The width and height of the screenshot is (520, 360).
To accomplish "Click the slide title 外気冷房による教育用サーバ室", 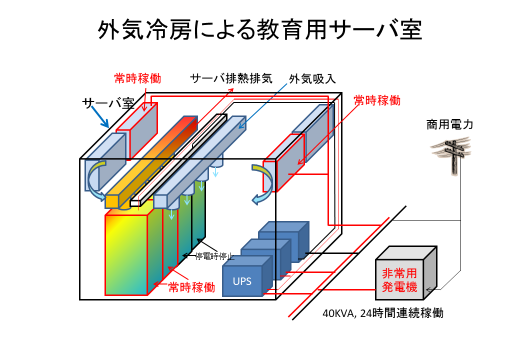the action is [x=259, y=30].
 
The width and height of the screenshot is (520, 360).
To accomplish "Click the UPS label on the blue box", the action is [x=242, y=281].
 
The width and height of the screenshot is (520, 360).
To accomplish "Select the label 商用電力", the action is [x=449, y=124].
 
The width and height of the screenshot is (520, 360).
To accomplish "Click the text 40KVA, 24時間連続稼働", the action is [x=383, y=313].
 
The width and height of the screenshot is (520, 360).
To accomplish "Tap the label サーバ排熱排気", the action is [x=231, y=78].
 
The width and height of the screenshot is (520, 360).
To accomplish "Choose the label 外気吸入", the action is [x=312, y=79].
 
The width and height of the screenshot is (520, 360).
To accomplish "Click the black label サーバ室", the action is [x=108, y=103].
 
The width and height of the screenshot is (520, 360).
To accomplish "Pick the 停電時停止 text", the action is [x=214, y=256].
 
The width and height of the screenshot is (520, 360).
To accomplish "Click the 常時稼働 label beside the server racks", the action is [x=191, y=287].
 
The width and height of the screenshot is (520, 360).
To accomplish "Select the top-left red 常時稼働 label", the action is [x=137, y=78].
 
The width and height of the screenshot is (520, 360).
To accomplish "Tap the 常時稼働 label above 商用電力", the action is [x=377, y=100].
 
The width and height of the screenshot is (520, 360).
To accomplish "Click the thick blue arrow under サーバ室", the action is [x=100, y=117].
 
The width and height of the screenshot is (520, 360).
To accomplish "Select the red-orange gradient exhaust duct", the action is [x=151, y=162].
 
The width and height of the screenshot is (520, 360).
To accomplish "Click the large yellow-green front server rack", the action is [x=126, y=254].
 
